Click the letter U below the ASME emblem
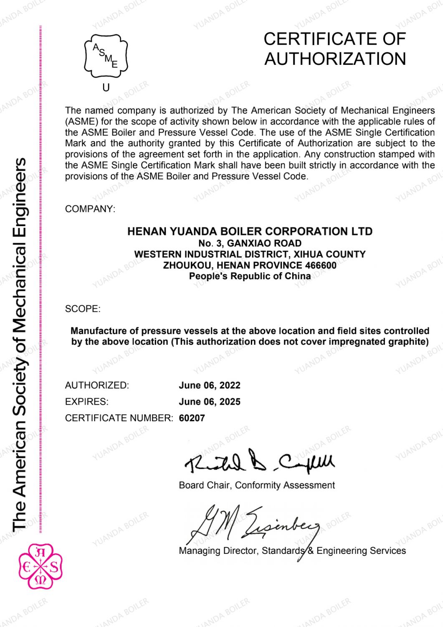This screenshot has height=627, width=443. pos(106,88)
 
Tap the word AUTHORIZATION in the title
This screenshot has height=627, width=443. pos(335,59)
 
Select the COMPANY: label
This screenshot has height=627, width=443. pos(90,209)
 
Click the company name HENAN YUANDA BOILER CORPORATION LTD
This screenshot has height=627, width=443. pos(250,232)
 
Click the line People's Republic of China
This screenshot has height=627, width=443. pos(250,276)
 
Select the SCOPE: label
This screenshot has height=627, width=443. pos(83,309)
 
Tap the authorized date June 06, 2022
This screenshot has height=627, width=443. pos(210,385)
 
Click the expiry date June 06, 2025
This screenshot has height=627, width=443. pos(210,402)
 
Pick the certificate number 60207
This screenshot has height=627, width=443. pos(192,418)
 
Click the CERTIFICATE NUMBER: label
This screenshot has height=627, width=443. pos(119,418)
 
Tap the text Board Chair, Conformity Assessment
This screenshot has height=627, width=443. pos(257,485)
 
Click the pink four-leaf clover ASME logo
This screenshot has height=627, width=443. pos(41,566)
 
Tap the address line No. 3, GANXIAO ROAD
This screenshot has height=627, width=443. pos(250,243)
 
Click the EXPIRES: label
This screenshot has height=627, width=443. pos(86,402)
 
